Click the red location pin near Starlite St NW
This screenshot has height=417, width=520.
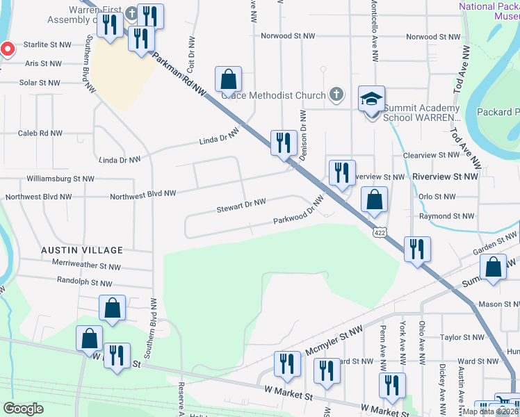point(7,49)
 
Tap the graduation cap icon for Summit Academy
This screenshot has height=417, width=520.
point(371,99)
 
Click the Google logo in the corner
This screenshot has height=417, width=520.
point(23,408)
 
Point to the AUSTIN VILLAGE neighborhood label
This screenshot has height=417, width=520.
point(81,250)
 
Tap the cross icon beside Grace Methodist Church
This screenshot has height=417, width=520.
point(336,95)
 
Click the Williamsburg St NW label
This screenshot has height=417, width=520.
point(59,179)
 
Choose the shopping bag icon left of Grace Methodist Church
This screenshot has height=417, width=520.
point(228,81)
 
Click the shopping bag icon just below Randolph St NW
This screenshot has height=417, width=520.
point(112,309)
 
